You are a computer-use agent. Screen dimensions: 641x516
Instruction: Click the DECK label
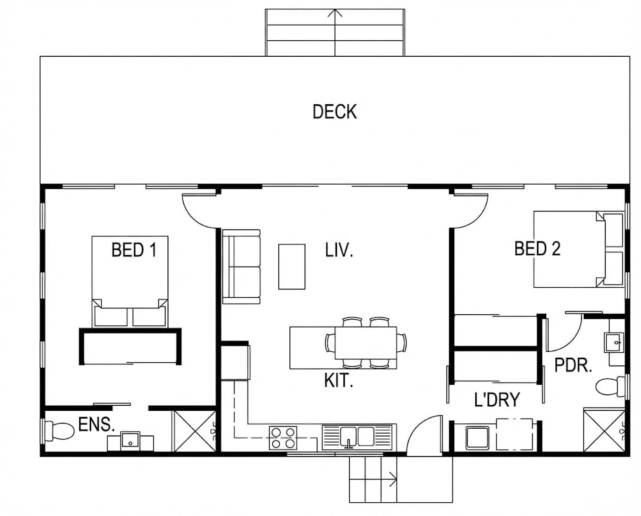click(335, 112)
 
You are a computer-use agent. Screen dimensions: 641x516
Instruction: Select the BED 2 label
click(538, 248)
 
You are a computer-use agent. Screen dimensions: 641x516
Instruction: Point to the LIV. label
click(339, 250)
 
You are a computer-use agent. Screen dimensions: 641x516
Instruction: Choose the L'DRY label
click(497, 399)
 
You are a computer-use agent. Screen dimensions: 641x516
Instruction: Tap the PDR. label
click(573, 365)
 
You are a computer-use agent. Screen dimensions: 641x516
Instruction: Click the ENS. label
click(96, 425)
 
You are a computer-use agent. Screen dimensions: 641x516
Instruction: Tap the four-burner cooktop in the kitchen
click(282, 438)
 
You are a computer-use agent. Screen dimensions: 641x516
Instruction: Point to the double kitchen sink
click(357, 437)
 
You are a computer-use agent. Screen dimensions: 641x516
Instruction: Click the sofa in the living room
click(241, 267)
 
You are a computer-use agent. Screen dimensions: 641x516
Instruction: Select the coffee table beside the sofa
click(292, 267)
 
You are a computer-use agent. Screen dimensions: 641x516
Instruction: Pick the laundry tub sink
click(478, 438)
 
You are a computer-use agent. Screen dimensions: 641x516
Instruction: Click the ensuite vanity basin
click(130, 441)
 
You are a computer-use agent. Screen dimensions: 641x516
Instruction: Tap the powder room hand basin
click(614, 343)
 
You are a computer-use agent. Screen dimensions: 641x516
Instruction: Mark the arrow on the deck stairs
click(335, 32)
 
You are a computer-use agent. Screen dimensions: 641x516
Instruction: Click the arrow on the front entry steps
click(373, 479)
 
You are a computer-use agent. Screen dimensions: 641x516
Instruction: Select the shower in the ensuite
click(196, 431)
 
